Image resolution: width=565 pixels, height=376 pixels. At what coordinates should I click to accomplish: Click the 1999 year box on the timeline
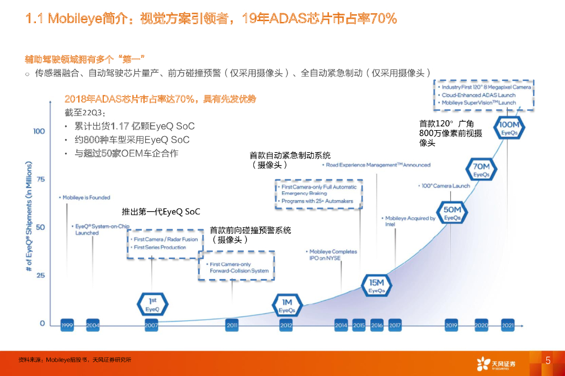[67, 326]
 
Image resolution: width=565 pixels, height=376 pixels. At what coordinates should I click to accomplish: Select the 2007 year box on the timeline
[151, 326]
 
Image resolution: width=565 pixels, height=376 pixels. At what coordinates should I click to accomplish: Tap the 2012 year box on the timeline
[286, 326]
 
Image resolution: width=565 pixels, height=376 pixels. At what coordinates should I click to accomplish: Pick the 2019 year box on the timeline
[452, 326]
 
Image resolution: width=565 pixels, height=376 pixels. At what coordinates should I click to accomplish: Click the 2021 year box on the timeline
[508, 326]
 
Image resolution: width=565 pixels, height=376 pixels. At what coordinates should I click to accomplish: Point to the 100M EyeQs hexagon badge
[509, 128]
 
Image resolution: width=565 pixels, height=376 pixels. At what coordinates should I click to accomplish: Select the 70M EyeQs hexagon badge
[481, 170]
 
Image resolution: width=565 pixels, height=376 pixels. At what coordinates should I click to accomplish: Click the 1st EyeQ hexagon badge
[152, 305]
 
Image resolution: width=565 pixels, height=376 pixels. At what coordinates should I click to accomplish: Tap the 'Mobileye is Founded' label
[86, 197]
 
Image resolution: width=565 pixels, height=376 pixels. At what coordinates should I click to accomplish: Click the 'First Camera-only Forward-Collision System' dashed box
[237, 267]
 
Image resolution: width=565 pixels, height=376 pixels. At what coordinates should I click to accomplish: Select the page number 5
[548, 361]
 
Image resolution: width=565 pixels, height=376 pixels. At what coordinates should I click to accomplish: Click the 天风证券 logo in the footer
[497, 363]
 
